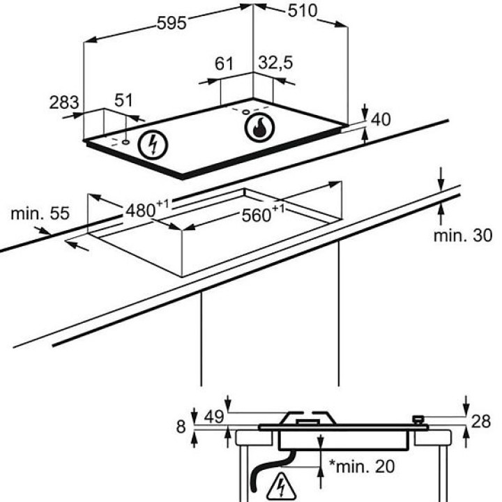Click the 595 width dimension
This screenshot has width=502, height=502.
172,23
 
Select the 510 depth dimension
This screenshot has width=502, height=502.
302,11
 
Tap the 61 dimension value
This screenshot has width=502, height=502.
224,63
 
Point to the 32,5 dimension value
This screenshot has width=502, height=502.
275,63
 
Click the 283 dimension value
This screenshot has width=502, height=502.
64,102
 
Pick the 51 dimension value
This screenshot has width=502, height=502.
123,100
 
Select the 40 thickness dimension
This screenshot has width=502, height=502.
381,120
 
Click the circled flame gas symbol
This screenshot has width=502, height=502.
259,127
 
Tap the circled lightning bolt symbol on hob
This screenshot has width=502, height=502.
153,145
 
